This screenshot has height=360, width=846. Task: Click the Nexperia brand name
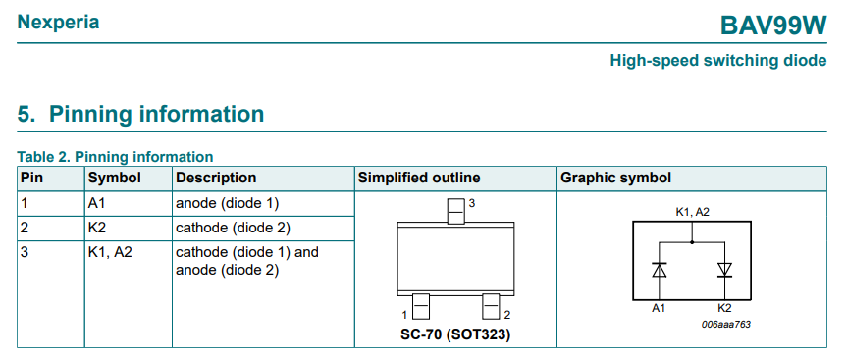[x=58, y=22]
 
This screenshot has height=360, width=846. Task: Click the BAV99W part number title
[x=774, y=24]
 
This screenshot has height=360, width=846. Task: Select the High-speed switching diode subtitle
[x=717, y=61]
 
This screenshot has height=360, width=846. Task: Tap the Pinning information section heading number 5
[x=26, y=114]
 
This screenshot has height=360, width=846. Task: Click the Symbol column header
[x=114, y=178]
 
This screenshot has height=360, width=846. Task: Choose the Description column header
[x=216, y=178]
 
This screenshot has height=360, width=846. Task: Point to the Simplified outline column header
[x=419, y=178]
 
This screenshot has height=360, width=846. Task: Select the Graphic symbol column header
[x=615, y=178]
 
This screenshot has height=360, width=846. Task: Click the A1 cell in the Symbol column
[x=98, y=203]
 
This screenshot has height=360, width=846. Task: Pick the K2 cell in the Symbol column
[x=98, y=229]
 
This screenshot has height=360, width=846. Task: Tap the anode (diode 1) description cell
[x=228, y=203]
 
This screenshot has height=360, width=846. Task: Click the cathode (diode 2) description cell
[x=233, y=229]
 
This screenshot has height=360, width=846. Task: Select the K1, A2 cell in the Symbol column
[x=111, y=252]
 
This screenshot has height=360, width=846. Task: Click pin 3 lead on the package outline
[x=455, y=211]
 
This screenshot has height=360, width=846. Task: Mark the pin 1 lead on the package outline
[x=421, y=307]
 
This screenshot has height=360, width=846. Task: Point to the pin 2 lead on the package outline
[x=491, y=307]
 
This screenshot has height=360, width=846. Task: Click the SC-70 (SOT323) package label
[x=455, y=334]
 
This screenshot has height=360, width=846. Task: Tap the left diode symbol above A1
[x=660, y=269]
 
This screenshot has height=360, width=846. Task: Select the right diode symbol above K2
[x=725, y=269]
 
